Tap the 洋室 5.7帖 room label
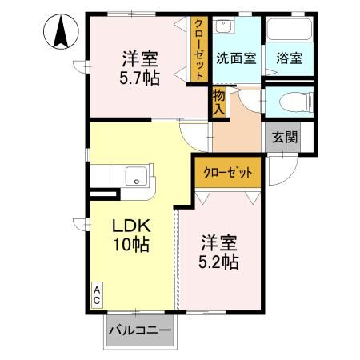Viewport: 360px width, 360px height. point(139,69)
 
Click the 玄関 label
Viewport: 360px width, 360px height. point(282,136)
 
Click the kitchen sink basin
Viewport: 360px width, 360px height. point(134,177)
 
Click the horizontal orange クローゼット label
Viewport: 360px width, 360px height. point(228,172)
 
